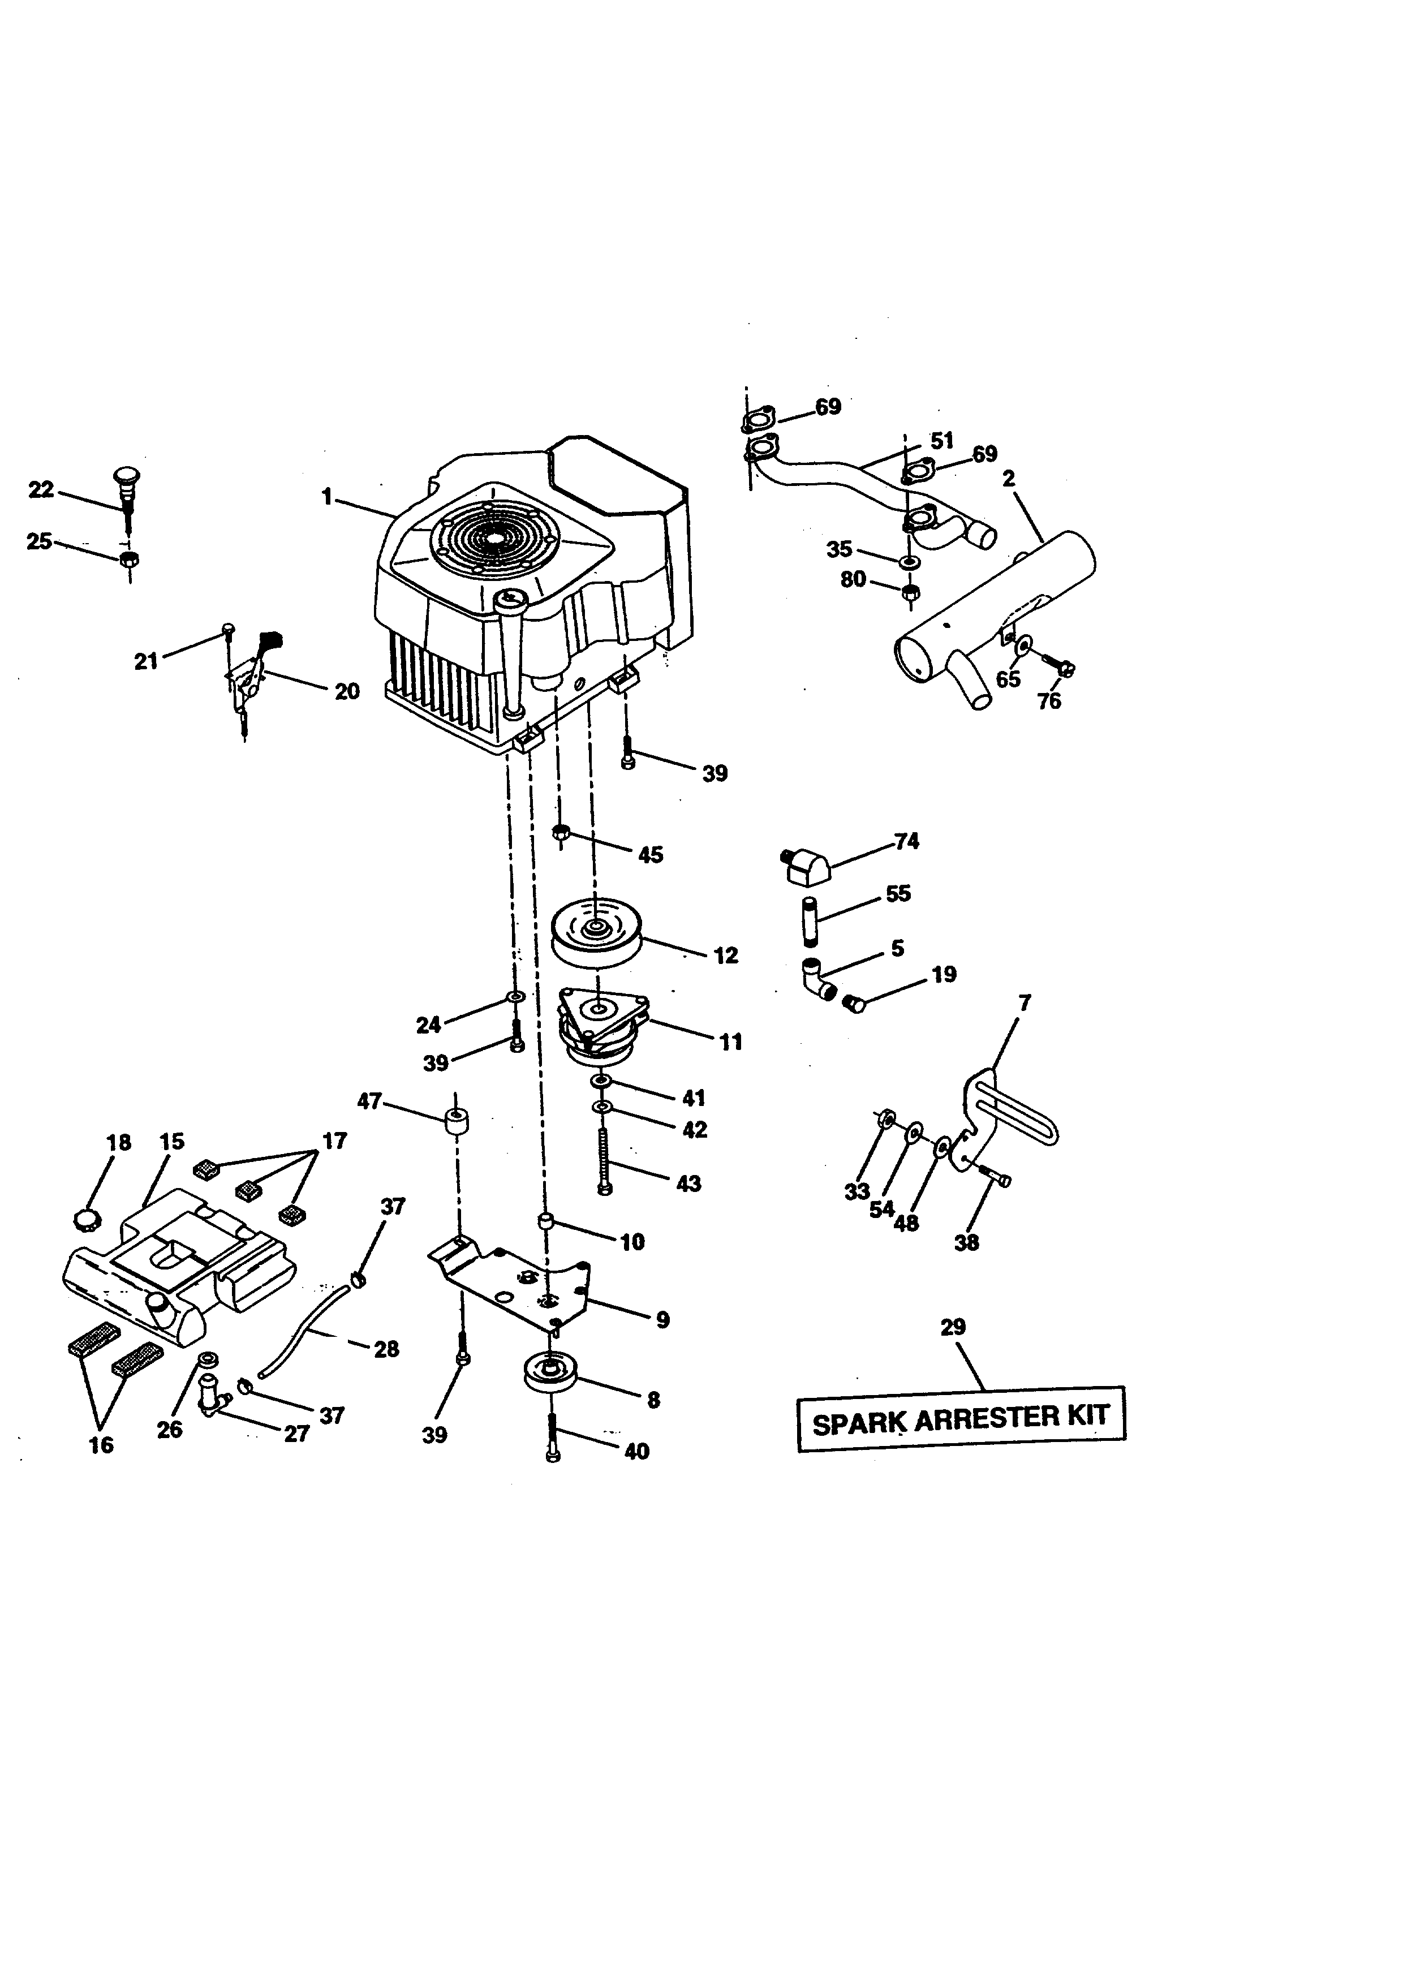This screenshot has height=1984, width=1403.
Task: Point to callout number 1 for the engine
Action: pyautogui.click(x=326, y=497)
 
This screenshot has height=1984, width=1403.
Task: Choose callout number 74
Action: pyautogui.click(x=906, y=841)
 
